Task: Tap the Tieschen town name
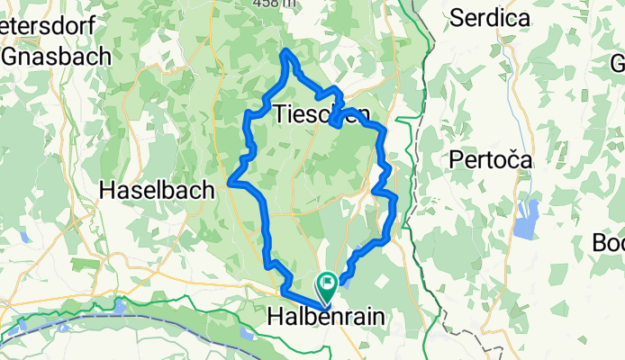(x=321, y=114)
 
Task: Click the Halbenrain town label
(x=326, y=317)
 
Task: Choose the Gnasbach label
(x=57, y=56)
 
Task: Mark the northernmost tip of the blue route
(x=287, y=51)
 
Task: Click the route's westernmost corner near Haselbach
(x=231, y=182)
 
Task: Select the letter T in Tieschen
(x=278, y=114)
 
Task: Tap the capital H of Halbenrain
(x=276, y=317)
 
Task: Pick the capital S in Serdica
(x=457, y=16)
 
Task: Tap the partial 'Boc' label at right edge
(x=609, y=243)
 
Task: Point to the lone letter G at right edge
(x=618, y=65)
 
